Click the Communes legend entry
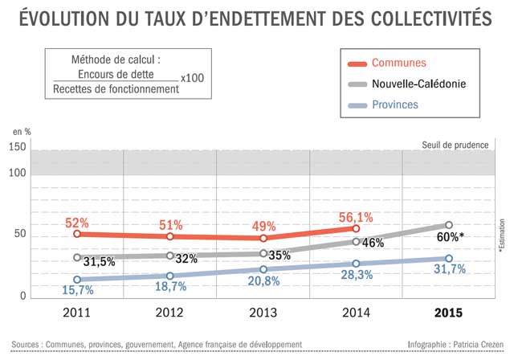tap(398, 63)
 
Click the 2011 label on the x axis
tap(77, 312)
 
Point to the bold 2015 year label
tap(448, 312)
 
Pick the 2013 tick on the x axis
tap(263, 312)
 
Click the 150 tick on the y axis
tap(17, 147)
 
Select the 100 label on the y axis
tap(17, 172)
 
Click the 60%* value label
tap(451, 236)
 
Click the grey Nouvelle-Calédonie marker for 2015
tap(449, 225)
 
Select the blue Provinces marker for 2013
tap(263, 269)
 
